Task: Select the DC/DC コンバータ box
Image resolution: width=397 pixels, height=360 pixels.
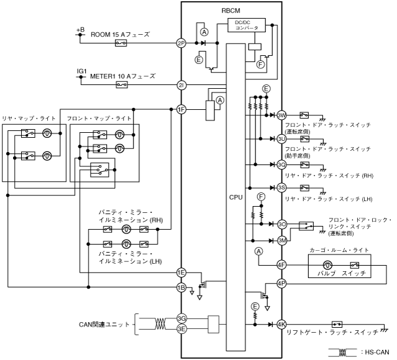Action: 247,26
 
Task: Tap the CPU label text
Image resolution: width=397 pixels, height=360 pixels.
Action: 236,197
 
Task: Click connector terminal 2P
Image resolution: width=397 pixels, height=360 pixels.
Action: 181,43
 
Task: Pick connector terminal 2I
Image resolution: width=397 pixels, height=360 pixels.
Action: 181,84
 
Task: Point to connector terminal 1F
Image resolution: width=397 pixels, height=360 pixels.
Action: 181,109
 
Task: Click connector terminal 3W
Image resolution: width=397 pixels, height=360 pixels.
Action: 281,115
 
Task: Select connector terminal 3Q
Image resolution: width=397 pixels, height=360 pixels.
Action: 281,164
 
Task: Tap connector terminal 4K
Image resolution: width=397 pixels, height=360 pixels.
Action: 281,324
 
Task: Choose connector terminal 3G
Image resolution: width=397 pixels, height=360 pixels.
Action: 181,317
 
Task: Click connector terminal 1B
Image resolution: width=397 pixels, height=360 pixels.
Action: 181,287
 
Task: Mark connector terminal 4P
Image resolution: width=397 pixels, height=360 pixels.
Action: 281,284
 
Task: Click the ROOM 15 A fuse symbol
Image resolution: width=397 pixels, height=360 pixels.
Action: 121,43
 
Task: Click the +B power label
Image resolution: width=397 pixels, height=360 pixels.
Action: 80,29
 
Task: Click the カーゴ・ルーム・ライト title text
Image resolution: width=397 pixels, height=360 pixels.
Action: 339,250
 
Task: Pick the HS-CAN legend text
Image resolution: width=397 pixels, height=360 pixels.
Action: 375,352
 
